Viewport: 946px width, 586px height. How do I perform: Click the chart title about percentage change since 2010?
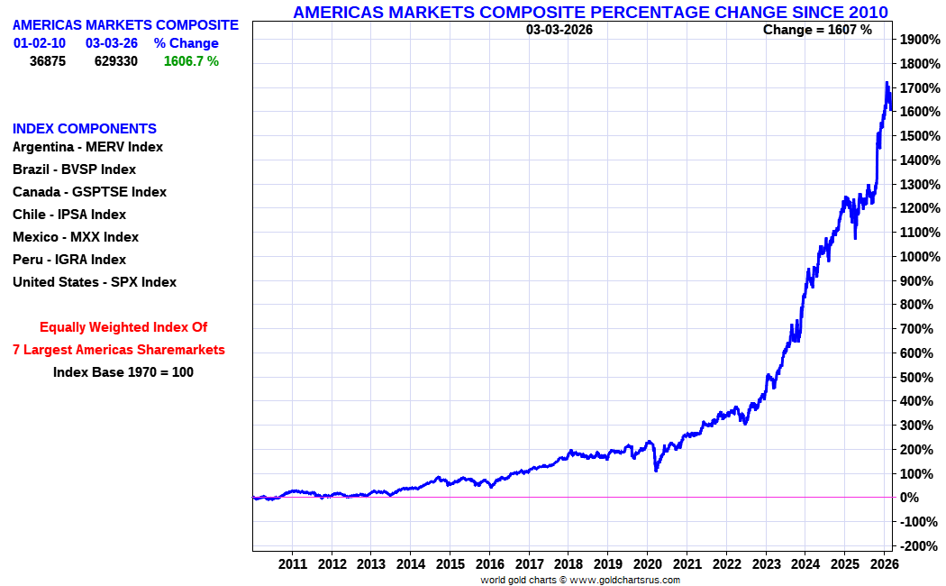pyautogui.click(x=590, y=12)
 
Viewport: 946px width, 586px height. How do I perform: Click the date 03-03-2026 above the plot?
pyautogui.click(x=559, y=30)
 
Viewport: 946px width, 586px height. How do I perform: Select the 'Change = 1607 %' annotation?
pyautogui.click(x=817, y=30)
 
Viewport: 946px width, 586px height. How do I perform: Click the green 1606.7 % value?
pyautogui.click(x=191, y=61)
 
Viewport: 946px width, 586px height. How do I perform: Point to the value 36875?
pyautogui.click(x=48, y=61)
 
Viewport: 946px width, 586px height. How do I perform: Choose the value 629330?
pyautogui.click(x=116, y=61)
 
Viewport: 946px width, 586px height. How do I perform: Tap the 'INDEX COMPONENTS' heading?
pyautogui.click(x=85, y=129)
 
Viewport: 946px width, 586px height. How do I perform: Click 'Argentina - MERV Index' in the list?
pyautogui.click(x=87, y=147)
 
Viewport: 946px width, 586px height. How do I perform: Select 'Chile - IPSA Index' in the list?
pyautogui.click(x=69, y=215)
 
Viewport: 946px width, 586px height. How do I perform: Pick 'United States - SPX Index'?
pyautogui.click(x=95, y=282)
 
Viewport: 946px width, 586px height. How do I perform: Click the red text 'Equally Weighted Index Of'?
pyautogui.click(x=123, y=327)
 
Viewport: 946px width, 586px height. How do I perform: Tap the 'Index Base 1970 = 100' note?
pyautogui.click(x=123, y=372)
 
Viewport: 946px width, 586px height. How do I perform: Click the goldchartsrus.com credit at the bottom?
pyautogui.click(x=579, y=580)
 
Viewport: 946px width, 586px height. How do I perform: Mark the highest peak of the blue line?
pyautogui.click(x=887, y=84)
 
